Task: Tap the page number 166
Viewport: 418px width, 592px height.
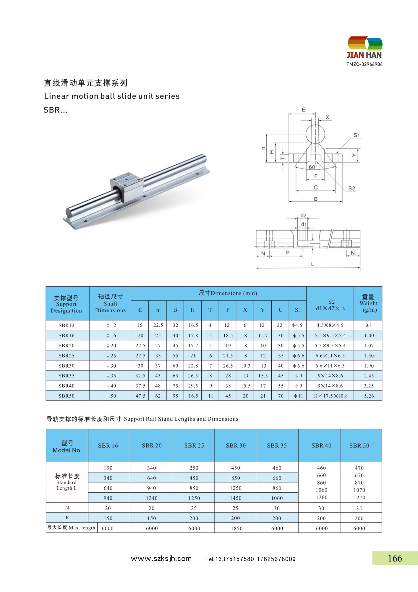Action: tap(395, 558)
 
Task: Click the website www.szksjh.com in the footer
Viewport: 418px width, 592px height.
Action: tap(161, 559)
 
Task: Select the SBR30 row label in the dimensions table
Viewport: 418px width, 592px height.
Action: tap(67, 366)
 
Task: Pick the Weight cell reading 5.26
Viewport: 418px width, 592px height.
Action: tap(369, 396)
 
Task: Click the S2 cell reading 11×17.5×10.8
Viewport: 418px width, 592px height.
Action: tap(330, 396)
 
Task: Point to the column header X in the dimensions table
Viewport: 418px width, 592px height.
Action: tap(245, 310)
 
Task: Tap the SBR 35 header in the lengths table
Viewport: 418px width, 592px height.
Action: tap(277, 445)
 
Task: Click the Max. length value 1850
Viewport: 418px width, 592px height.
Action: tap(236, 528)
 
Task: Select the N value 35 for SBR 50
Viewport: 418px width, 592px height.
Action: tap(359, 508)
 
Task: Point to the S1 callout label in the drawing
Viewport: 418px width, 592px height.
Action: tap(357, 135)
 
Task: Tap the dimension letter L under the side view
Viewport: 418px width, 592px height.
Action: tap(312, 264)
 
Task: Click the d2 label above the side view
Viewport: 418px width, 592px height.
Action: tap(303, 216)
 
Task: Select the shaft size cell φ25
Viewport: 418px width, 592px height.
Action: tap(111, 356)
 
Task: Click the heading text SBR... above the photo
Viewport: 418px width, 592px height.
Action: tap(56, 110)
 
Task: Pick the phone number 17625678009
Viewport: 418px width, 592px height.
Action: tap(276, 559)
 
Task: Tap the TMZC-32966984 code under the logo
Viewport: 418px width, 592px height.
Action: tap(364, 64)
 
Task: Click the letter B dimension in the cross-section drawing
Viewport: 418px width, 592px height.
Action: tap(316, 199)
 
